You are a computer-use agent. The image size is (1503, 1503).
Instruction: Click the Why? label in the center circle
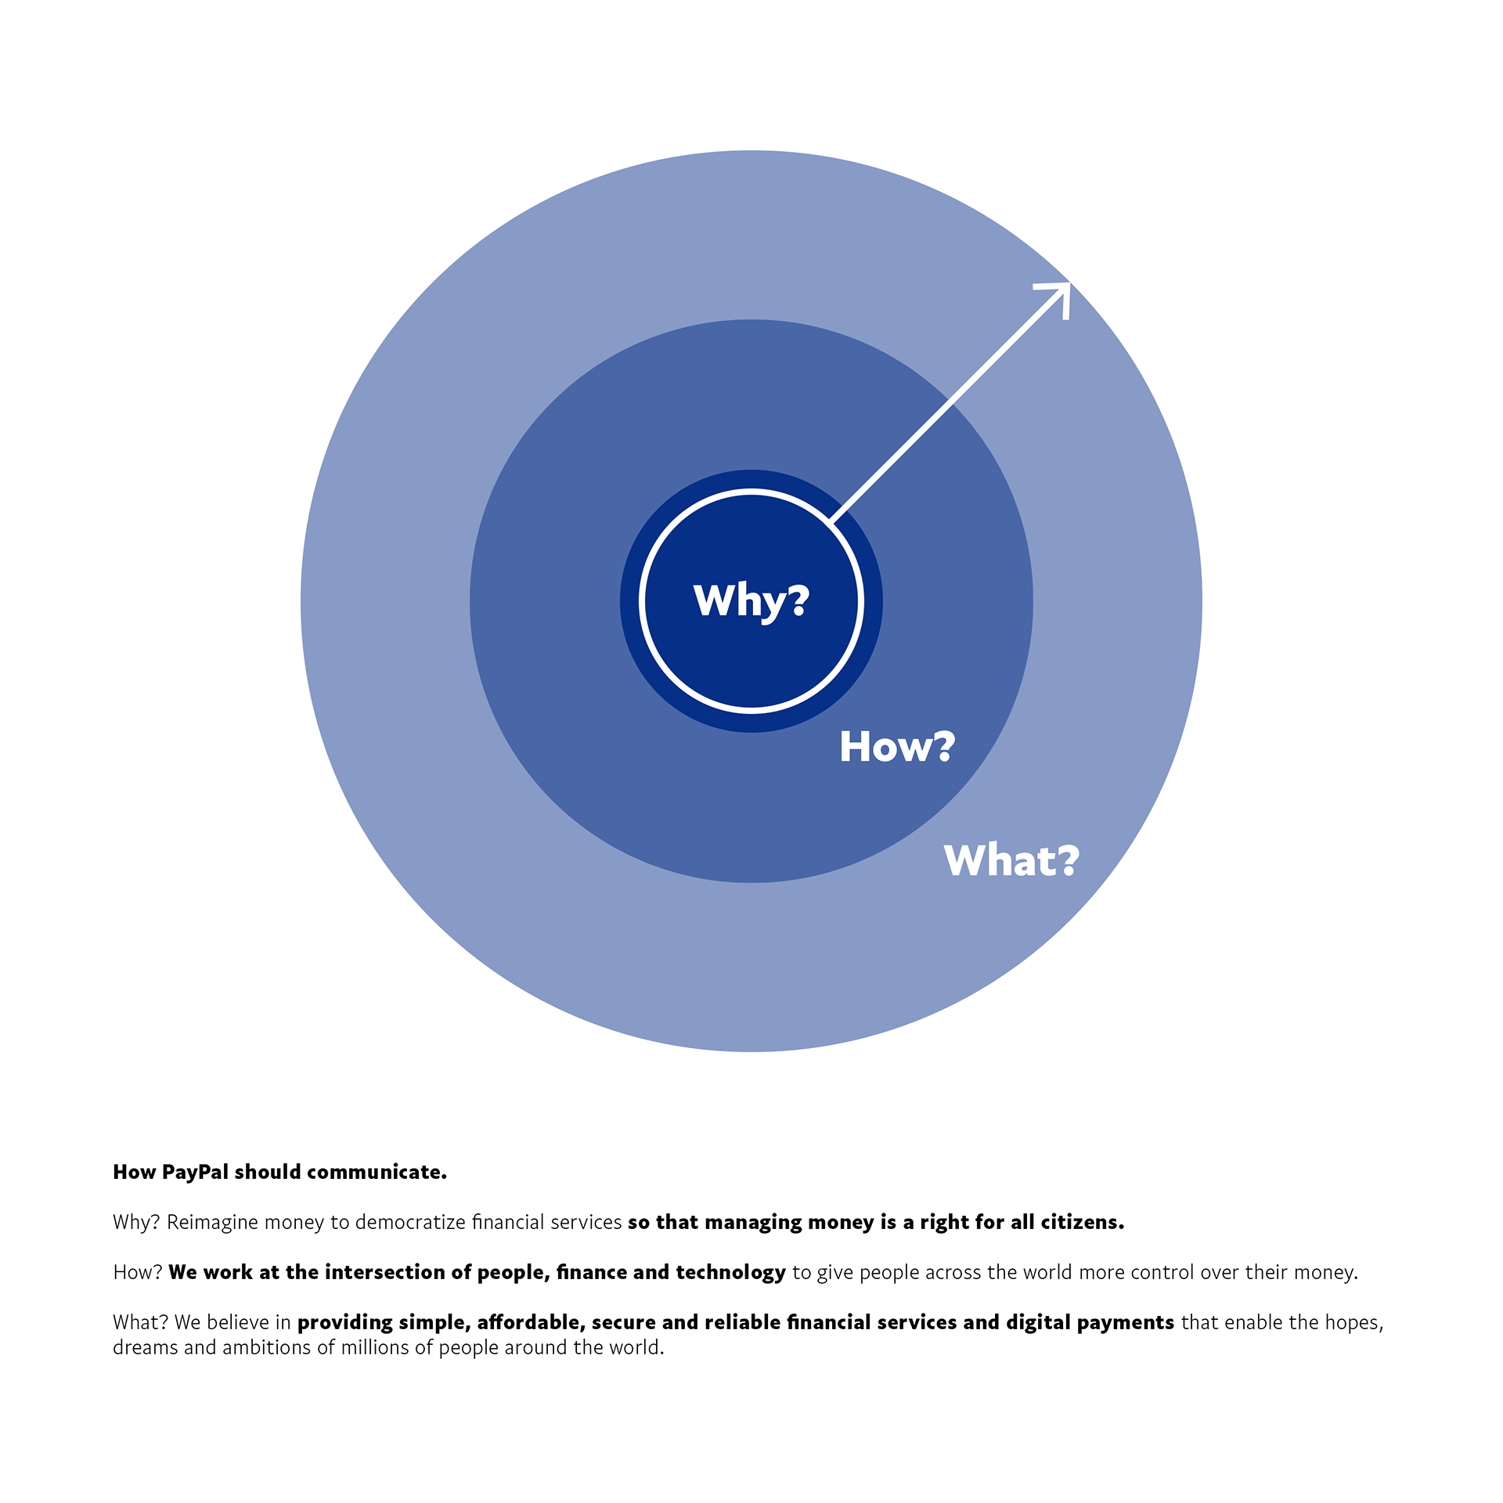tap(751, 601)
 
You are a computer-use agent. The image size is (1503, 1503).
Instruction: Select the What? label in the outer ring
tap(1011, 860)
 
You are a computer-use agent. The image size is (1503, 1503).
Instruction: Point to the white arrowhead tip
tap(1069, 283)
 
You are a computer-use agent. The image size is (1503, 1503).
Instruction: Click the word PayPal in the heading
tap(196, 1173)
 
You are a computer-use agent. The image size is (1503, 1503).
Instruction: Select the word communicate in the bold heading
tap(377, 1173)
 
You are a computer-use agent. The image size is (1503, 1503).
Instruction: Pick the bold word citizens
tap(1082, 1223)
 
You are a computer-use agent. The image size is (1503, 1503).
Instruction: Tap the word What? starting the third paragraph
tap(141, 1323)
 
